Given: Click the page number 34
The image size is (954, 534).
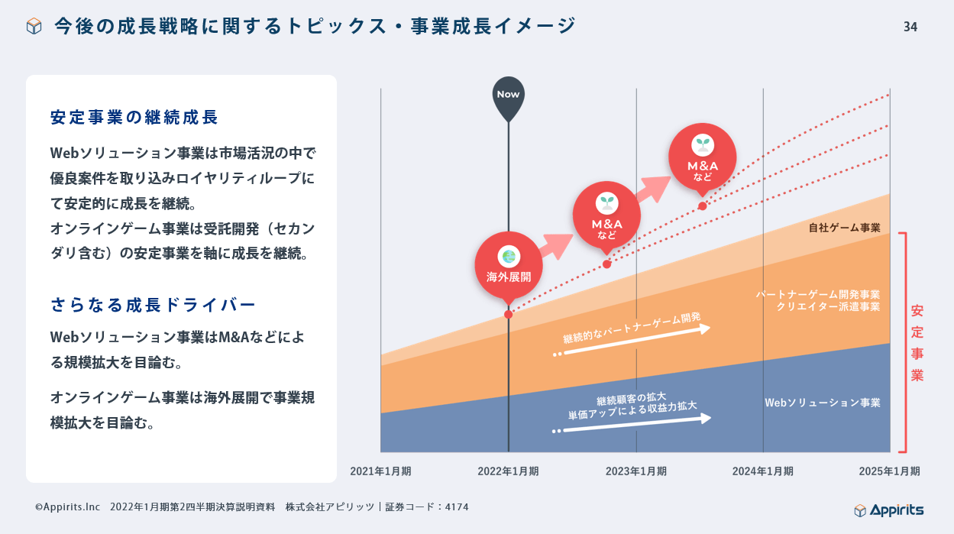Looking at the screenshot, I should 910,28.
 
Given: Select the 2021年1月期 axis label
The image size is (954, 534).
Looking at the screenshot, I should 380,471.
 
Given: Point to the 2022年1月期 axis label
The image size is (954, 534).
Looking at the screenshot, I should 508,471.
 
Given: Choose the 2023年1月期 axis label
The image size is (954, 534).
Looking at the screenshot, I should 635,471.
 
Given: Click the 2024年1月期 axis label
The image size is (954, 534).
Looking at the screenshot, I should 762,471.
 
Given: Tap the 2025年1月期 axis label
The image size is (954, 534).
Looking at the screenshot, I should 889,471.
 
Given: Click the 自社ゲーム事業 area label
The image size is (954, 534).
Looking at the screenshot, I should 844,228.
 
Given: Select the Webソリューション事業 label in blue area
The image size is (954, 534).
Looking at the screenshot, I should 822,403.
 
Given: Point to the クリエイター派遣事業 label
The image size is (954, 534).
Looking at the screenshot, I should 828,307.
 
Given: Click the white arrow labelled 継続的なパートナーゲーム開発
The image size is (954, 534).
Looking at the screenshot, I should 634,341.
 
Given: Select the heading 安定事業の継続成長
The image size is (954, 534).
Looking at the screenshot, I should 134,118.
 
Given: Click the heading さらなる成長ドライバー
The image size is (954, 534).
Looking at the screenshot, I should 153,305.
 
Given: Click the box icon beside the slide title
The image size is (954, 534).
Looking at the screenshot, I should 34,27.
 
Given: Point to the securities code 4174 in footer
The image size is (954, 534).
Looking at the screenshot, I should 456,506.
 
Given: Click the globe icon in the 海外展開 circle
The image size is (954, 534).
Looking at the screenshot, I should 508,257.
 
